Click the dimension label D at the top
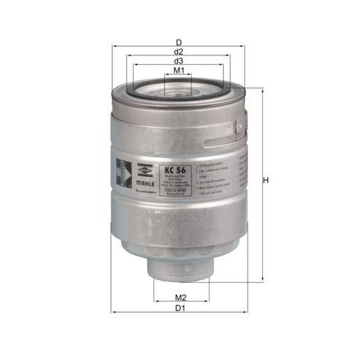tap(179, 42)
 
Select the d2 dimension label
tap(179, 52)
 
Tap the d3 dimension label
tap(179, 62)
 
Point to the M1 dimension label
tap(179, 71)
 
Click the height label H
tap(266, 181)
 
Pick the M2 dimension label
tap(181, 297)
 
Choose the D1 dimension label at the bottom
tap(181, 308)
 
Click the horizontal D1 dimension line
tap(216, 312)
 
